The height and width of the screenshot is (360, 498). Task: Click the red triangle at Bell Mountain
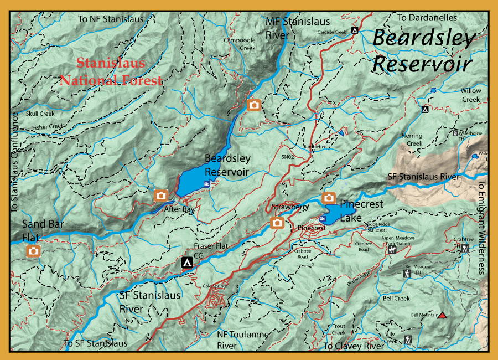pyautogui.click(x=442, y=316)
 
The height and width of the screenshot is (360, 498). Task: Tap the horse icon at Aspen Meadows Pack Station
pyautogui.click(x=391, y=250)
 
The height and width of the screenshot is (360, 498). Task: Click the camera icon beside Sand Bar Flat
pyautogui.click(x=34, y=251)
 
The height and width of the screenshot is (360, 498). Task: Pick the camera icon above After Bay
pyautogui.click(x=161, y=195)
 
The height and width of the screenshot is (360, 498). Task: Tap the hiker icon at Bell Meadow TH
pyautogui.click(x=407, y=273)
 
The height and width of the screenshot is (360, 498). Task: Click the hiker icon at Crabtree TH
pyautogui.click(x=464, y=248)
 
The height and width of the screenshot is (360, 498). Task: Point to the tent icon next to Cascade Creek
pyautogui.click(x=354, y=30)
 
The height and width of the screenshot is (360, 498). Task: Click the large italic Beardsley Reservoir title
pyautogui.click(x=423, y=51)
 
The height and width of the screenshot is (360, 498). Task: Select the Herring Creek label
pyautogui.click(x=414, y=140)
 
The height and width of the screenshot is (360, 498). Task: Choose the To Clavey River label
pyautogui.click(x=354, y=346)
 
